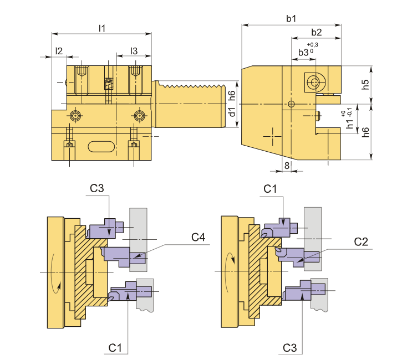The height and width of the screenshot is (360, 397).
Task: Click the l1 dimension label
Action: point(102,28)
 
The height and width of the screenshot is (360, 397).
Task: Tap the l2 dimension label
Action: point(59,51)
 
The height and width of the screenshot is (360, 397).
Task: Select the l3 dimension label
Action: point(134,51)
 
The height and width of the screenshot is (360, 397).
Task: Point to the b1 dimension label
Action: point(291,18)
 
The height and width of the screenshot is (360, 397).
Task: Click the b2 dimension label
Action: point(317,32)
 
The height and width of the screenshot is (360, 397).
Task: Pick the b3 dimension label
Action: point(303,53)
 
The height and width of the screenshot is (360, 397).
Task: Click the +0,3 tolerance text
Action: point(312,45)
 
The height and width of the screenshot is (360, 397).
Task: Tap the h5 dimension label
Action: point(365,85)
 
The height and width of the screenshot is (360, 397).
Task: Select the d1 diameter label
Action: point(232,112)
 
